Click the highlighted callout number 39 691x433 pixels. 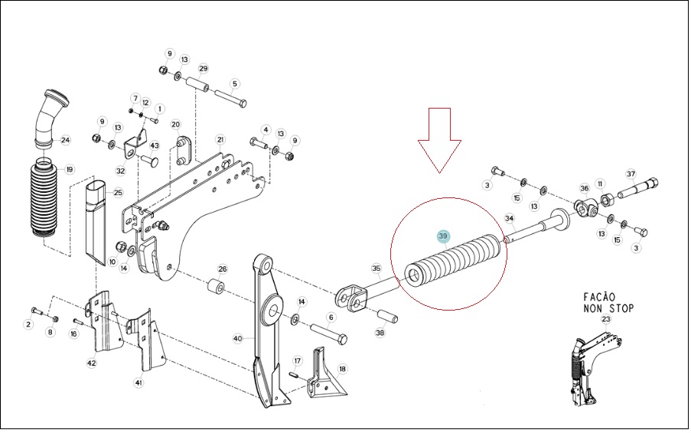[x=443, y=236]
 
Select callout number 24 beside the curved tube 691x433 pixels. [x=65, y=140]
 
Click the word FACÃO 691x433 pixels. [x=599, y=297]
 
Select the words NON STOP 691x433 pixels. [x=608, y=308]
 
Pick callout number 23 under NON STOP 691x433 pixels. [x=606, y=319]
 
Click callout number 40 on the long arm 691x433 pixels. [x=237, y=338]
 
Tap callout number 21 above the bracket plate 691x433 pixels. [x=220, y=140]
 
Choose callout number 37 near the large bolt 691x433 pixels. [x=631, y=174]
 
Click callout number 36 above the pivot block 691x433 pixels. [x=585, y=188]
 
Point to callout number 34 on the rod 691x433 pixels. [x=510, y=218]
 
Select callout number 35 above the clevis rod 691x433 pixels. [x=376, y=269]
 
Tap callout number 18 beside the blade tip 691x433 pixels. [x=342, y=369]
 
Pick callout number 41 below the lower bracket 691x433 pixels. [x=139, y=383]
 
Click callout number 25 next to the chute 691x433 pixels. [x=118, y=193]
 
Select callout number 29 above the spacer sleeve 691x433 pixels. [x=203, y=68]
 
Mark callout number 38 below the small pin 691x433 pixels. [x=380, y=333]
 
